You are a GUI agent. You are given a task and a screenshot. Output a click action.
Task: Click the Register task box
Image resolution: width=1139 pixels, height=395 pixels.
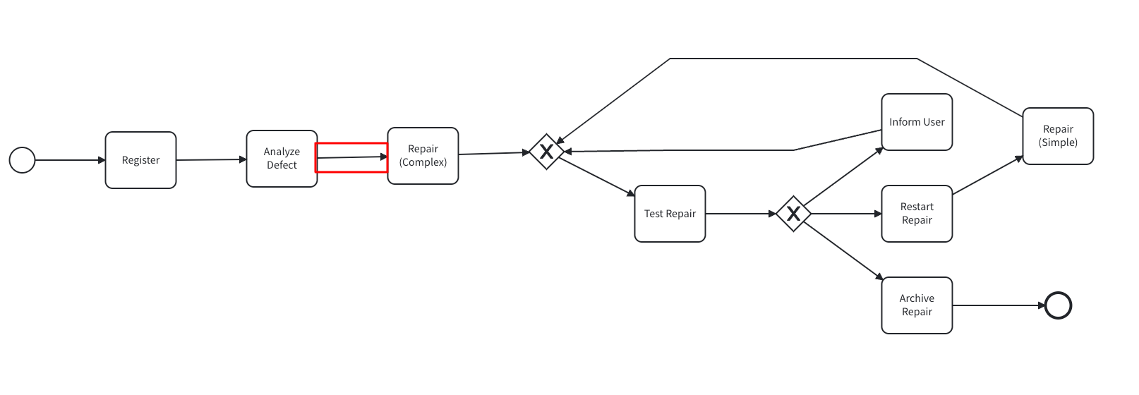point(140,160)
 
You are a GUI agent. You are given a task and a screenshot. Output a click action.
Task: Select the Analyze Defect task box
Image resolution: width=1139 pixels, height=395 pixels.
point(282,159)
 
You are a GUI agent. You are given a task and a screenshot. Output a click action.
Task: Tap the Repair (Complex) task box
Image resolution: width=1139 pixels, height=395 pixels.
point(423,156)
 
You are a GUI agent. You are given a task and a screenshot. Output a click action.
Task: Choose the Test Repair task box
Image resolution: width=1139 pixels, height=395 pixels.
point(670,214)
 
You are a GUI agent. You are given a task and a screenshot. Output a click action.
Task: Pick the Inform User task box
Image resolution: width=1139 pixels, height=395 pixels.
point(917,122)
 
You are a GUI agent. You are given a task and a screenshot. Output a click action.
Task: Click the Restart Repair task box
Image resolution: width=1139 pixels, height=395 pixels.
point(917,214)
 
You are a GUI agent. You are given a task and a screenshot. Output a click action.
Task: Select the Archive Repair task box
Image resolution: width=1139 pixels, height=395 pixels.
point(917,305)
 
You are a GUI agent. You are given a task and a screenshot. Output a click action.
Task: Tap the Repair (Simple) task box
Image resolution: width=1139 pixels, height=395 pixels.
point(1058,136)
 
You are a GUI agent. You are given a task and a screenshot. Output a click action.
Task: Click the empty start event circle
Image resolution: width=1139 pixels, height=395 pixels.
point(22,160)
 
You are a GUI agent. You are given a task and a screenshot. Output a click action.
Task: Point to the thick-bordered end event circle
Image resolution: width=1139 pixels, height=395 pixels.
point(1058,305)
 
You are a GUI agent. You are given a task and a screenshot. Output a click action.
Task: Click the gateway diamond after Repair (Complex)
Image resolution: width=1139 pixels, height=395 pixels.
point(546,152)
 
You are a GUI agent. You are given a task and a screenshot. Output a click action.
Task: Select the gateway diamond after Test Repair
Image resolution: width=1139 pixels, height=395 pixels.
point(793,214)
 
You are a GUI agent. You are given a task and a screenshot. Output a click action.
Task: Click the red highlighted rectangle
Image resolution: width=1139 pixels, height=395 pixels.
point(351,157)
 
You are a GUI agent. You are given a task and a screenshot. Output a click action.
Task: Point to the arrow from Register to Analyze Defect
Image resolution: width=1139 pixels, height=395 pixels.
point(211,160)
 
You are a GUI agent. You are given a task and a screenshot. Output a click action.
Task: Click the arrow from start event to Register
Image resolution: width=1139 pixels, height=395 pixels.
point(70,160)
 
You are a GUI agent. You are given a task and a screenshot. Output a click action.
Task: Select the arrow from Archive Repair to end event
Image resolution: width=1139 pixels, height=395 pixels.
point(998,305)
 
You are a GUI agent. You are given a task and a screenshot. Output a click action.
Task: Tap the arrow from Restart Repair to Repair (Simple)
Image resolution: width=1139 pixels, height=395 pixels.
point(987,176)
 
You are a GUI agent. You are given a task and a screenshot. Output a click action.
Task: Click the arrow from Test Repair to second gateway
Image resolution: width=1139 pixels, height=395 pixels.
point(740,214)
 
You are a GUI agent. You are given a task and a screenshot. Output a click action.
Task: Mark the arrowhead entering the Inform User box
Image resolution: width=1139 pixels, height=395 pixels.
point(879,150)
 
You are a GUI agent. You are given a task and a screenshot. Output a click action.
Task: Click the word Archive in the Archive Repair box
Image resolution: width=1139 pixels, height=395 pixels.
point(917,298)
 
